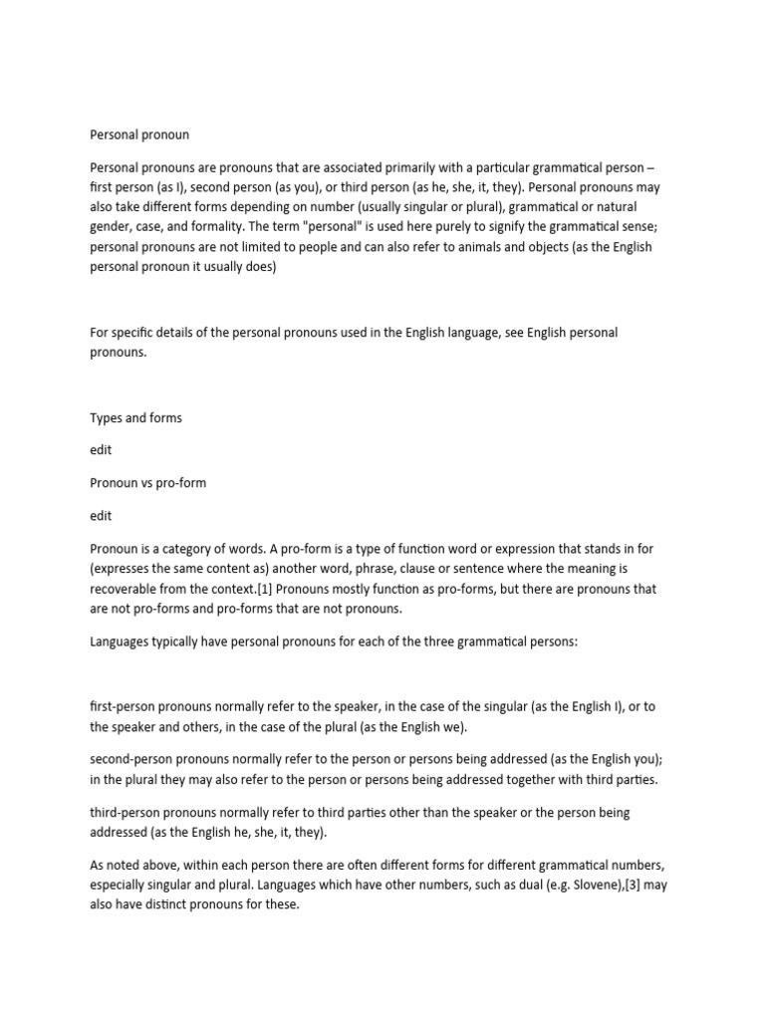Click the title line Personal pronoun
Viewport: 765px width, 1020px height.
tap(139, 134)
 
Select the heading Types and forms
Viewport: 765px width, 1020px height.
tap(135, 418)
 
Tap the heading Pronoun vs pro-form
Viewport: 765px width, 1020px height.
tap(147, 483)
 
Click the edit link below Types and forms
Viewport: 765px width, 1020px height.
tap(101, 450)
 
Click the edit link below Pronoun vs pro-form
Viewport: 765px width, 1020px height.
tap(101, 516)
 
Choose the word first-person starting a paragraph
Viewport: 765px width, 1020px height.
tap(127, 706)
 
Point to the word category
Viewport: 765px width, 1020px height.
tap(193, 549)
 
